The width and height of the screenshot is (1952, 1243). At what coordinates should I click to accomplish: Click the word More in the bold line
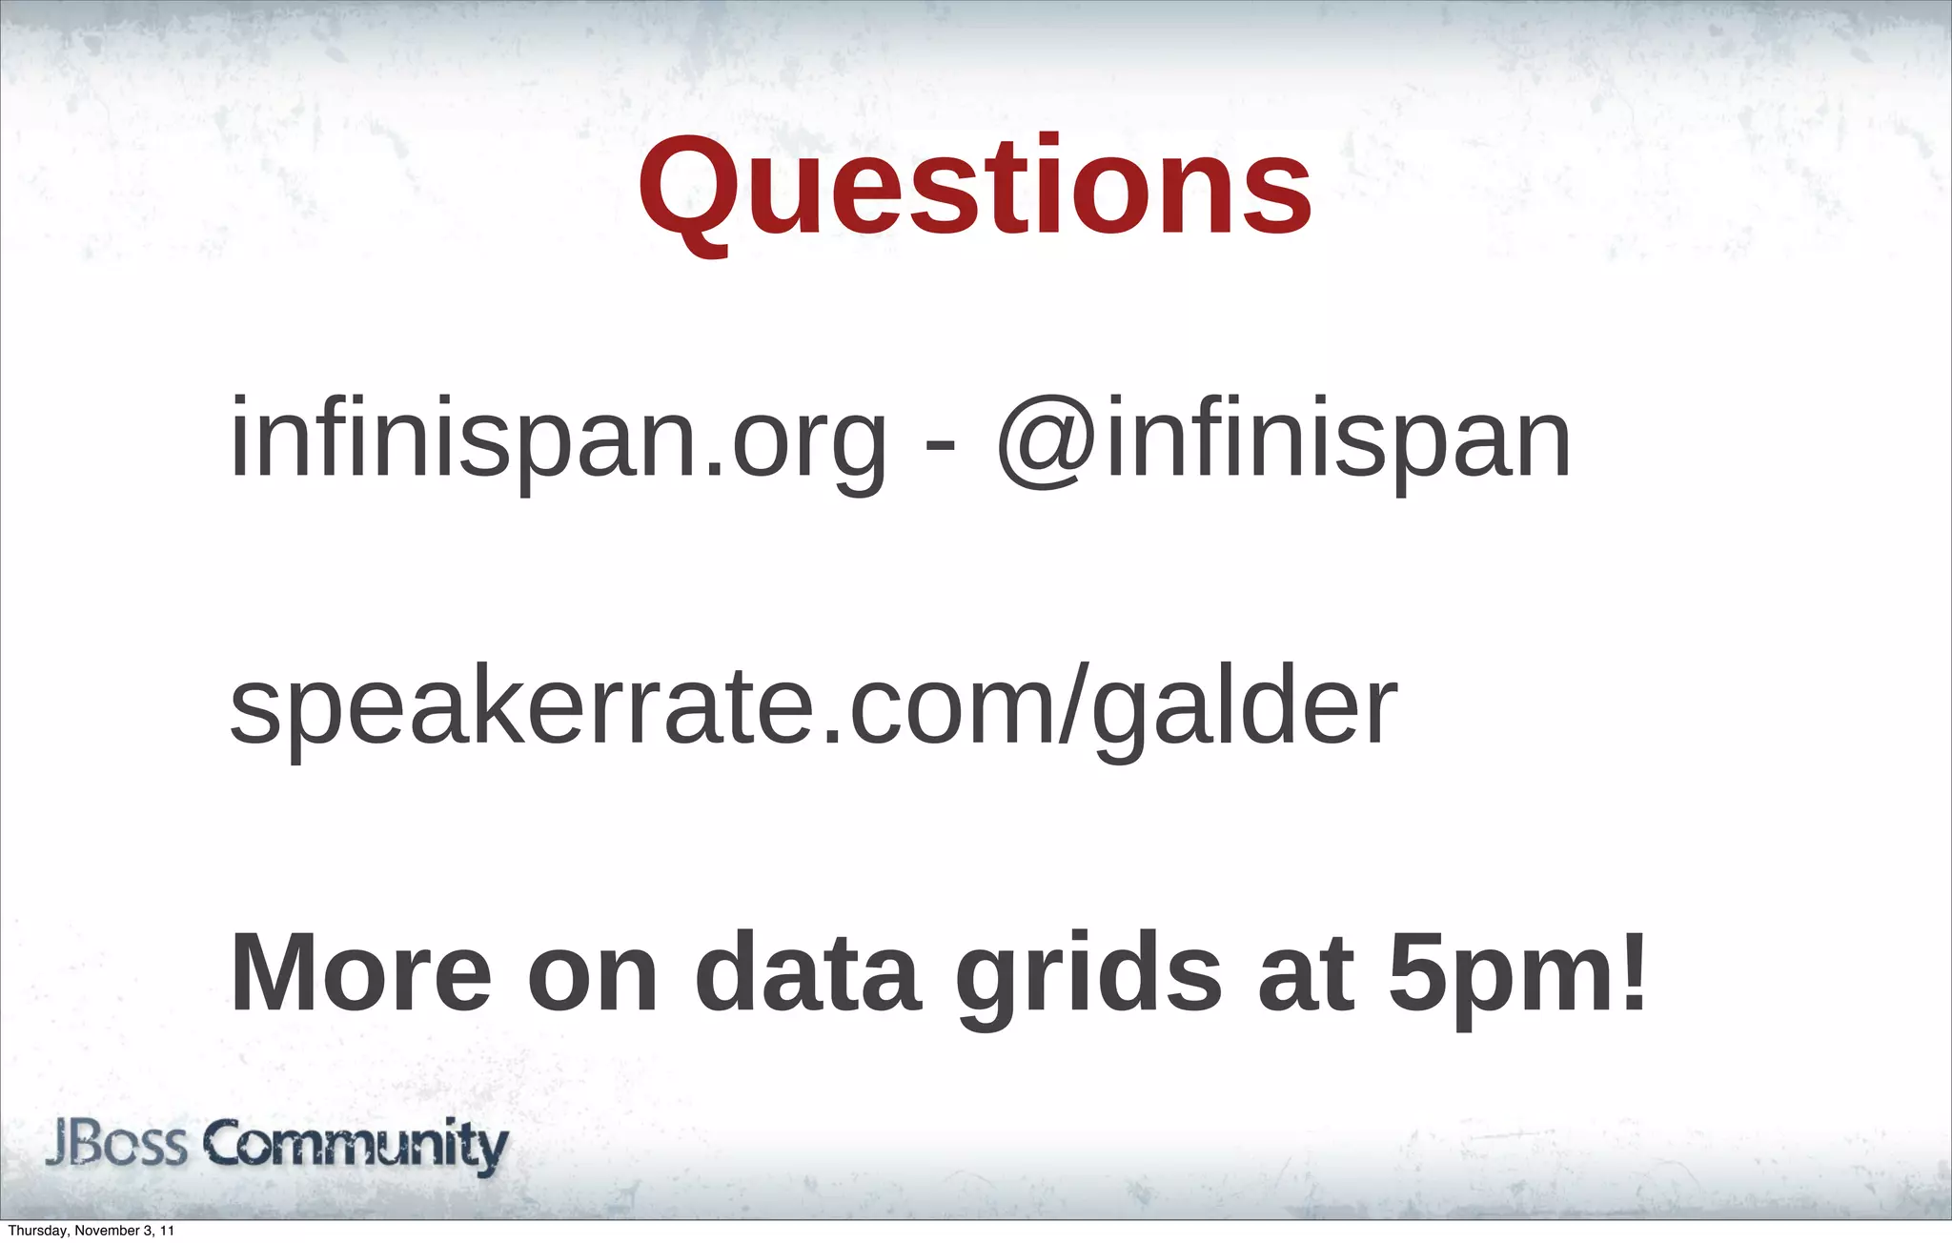(x=361, y=974)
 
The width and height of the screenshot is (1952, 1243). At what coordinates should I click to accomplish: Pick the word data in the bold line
(x=808, y=974)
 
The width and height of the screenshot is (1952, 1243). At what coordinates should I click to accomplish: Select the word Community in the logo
(x=356, y=1147)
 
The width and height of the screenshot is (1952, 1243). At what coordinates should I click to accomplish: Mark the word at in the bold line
(x=1306, y=974)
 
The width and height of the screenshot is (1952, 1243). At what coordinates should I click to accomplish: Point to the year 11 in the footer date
(x=167, y=1231)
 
